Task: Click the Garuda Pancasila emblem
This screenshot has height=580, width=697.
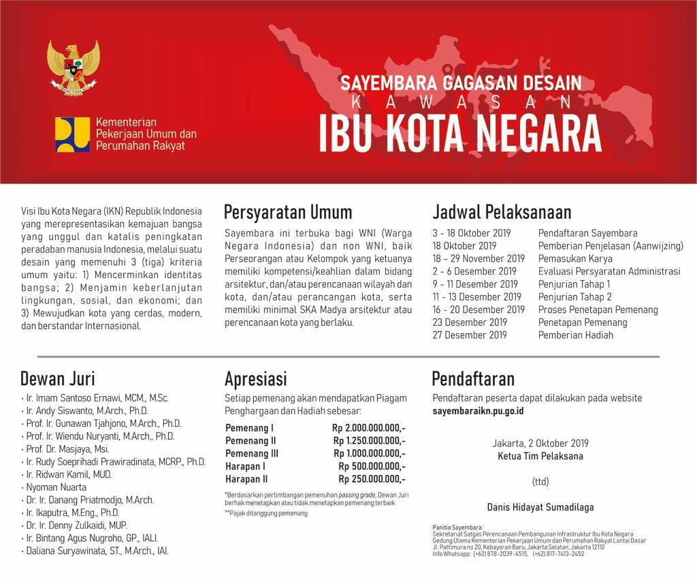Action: coord(74,67)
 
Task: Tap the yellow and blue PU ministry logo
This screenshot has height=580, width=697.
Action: coord(72,134)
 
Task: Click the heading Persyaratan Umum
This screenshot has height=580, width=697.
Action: coord(288,212)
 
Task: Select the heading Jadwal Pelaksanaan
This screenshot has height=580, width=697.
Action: coord(502,212)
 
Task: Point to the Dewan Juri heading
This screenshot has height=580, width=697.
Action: coord(58,378)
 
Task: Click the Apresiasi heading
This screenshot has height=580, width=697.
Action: coord(256,378)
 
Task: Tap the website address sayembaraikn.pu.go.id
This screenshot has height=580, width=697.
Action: coord(478,412)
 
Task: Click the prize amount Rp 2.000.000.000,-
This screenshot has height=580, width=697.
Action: coord(369,428)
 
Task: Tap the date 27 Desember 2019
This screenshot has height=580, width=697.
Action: coord(470,335)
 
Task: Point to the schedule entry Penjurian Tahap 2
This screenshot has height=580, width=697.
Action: coord(574,296)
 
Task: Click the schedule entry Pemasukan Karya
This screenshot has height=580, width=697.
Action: coord(575,258)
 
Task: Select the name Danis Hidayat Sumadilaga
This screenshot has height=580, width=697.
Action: coord(540,506)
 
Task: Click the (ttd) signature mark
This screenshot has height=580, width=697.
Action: coord(540,481)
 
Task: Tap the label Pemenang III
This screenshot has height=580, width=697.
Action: coord(252,453)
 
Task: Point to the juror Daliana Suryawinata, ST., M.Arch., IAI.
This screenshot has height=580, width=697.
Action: coord(97,551)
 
